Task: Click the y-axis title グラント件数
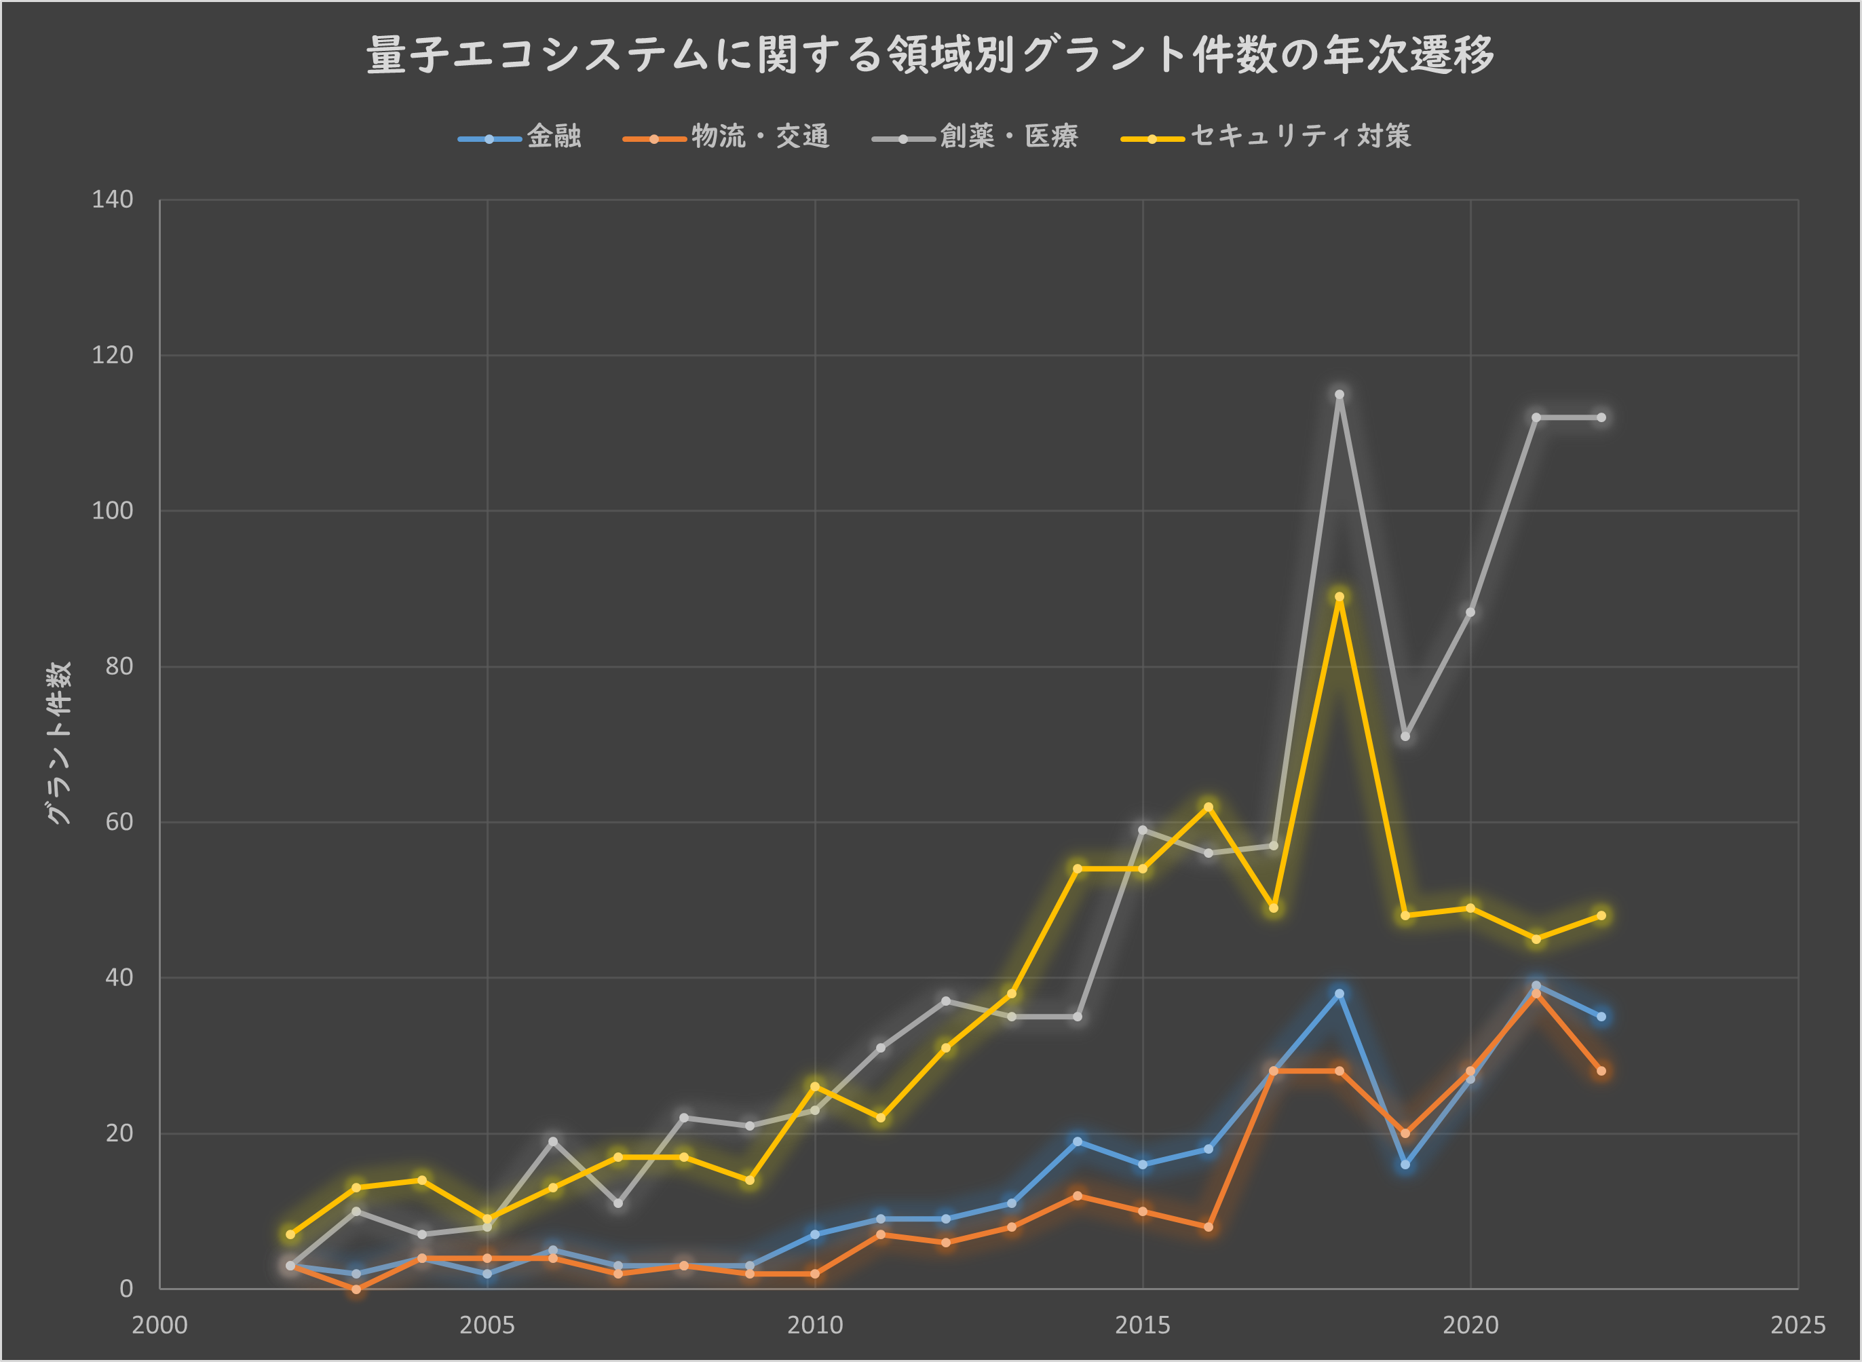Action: tap(58, 742)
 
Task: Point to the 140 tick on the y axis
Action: tap(112, 200)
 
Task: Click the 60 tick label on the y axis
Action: tap(119, 822)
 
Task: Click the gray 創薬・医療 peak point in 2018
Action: tap(1339, 395)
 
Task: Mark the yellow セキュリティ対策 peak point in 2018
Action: tap(1339, 597)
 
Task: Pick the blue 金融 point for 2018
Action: tap(1339, 994)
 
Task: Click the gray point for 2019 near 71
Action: tap(1405, 736)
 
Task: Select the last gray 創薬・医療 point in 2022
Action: tap(1601, 418)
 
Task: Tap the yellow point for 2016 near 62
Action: tap(1209, 807)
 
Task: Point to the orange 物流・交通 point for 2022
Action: tap(1601, 1071)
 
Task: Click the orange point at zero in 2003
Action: tap(356, 1289)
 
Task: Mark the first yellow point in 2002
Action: tap(290, 1234)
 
